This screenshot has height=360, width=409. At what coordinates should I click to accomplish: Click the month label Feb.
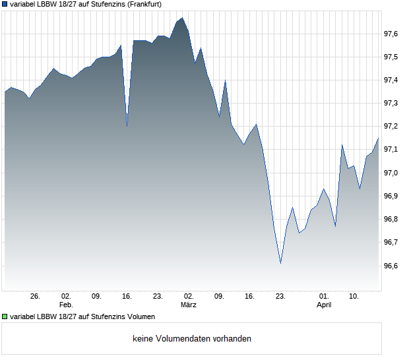click(x=65, y=305)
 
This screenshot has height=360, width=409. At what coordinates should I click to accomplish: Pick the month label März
click(x=189, y=305)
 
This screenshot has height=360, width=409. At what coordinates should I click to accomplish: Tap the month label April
click(x=324, y=305)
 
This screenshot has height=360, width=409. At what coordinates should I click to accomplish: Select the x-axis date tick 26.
click(x=36, y=297)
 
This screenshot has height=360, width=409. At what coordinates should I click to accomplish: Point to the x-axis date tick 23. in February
click(x=158, y=297)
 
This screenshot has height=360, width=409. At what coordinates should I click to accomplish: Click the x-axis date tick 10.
click(x=354, y=297)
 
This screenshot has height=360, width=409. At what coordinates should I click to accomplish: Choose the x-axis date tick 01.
click(x=324, y=297)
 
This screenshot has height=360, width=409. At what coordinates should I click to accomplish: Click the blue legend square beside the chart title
click(x=5, y=4)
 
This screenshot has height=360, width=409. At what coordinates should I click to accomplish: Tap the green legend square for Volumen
click(x=5, y=316)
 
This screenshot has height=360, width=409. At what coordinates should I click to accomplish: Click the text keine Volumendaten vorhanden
click(x=192, y=339)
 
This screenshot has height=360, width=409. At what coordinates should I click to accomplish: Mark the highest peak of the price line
click(x=183, y=18)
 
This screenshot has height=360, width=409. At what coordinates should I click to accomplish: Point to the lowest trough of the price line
click(x=280, y=263)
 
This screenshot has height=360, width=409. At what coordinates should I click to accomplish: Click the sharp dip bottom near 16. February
click(x=127, y=125)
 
